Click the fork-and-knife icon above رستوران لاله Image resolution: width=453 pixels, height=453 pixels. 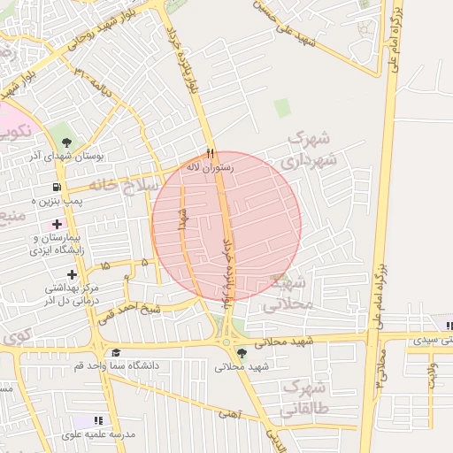tap(210, 152)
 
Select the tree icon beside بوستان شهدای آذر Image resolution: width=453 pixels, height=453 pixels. tap(67, 142)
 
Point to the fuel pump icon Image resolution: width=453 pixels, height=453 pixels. tap(57, 188)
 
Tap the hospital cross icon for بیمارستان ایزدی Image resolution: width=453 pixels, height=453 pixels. tap(58, 225)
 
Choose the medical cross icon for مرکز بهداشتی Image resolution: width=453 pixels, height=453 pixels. tap(73, 275)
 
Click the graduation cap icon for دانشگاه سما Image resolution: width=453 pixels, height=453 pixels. tap(115, 352)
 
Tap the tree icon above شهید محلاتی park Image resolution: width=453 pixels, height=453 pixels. tap(242, 352)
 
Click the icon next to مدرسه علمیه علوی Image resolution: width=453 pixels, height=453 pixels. tap(99, 421)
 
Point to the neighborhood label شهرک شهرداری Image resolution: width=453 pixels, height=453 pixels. tap(310, 150)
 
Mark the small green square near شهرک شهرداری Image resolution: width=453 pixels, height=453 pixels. tap(282, 108)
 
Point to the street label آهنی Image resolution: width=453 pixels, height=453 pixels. tap(228, 412)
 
